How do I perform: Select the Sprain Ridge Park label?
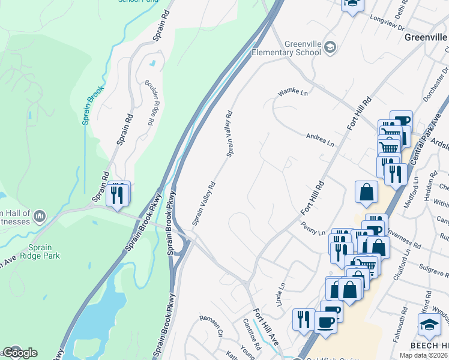tap(44, 251)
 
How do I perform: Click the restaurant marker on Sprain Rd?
tap(118, 194)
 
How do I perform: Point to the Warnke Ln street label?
tap(292, 93)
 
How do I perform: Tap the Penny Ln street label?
tap(313, 229)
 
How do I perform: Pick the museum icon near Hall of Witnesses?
tap(40, 214)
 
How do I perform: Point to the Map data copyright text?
tap(423, 355)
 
